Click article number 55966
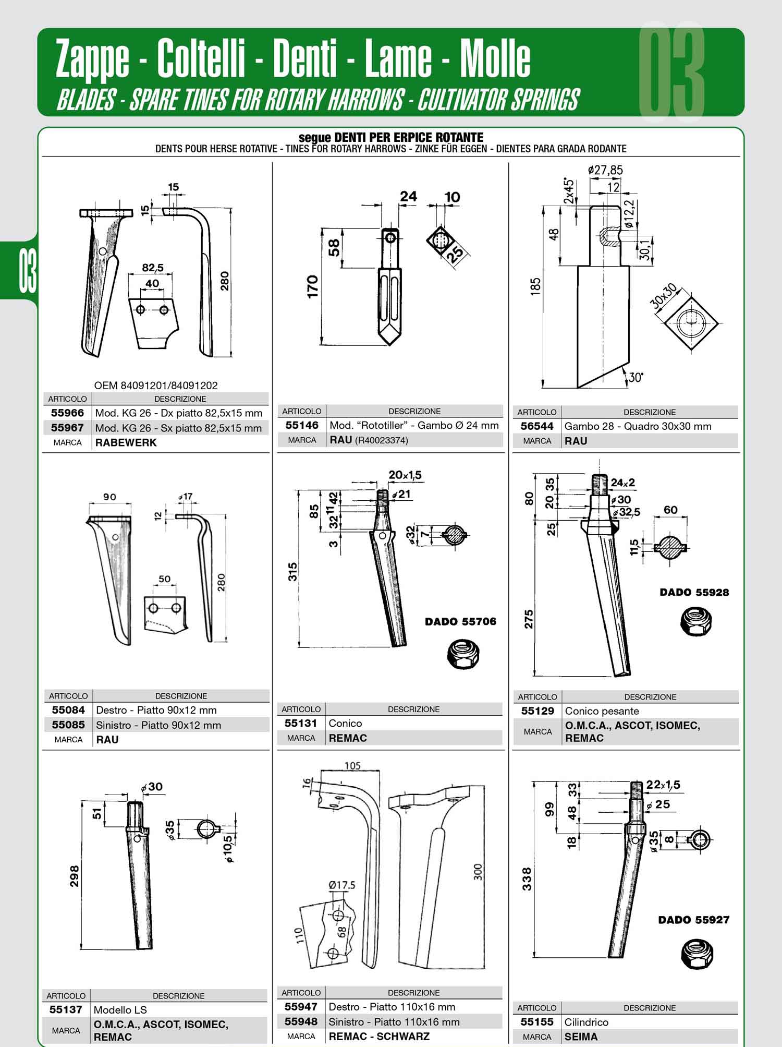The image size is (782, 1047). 67,413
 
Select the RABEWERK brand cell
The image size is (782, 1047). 180,442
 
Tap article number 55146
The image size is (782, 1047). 302,425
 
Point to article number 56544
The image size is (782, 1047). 537,426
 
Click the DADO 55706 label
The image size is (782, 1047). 460,621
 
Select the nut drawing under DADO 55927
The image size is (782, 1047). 697,954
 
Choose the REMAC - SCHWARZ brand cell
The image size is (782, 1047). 414,1036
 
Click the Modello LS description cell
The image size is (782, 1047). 179,1009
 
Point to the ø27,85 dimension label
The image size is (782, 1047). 605,170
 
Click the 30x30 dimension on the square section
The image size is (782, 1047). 664,296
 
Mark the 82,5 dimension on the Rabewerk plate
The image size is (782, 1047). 153,268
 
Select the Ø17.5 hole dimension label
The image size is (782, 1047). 342,885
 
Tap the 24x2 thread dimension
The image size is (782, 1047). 622,483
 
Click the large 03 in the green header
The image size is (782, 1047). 671,71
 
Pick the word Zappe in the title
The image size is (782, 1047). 93,59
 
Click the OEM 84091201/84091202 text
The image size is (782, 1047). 156,386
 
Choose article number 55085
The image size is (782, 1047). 68,725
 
